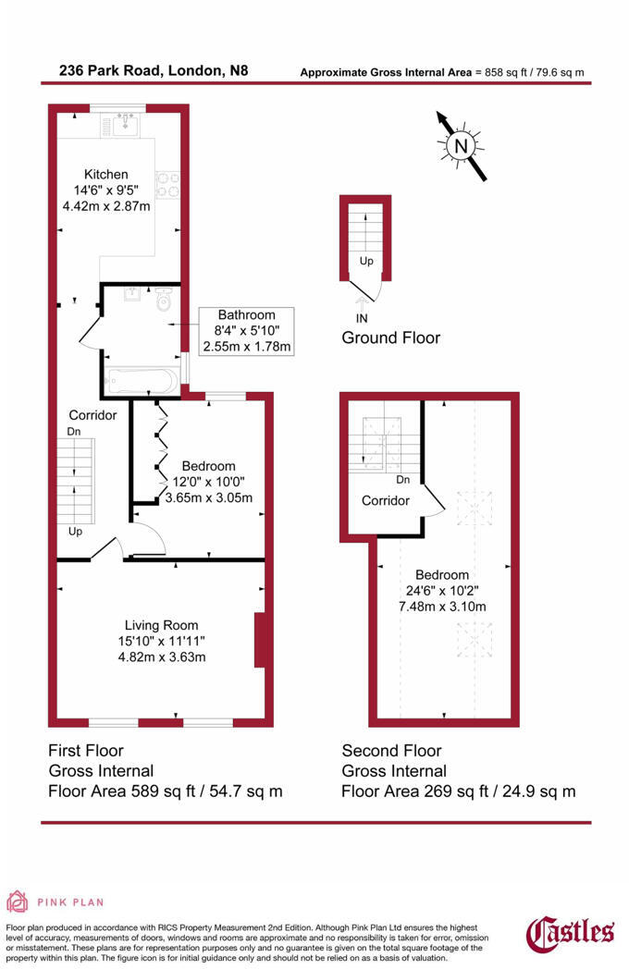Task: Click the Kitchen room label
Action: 105,175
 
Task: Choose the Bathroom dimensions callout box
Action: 246,331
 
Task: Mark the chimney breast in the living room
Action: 261,639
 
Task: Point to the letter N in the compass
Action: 462,145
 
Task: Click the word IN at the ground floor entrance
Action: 361,317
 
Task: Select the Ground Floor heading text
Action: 390,337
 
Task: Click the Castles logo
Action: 571,932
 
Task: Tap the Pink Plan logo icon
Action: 18,901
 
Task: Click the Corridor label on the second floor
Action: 385,500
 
